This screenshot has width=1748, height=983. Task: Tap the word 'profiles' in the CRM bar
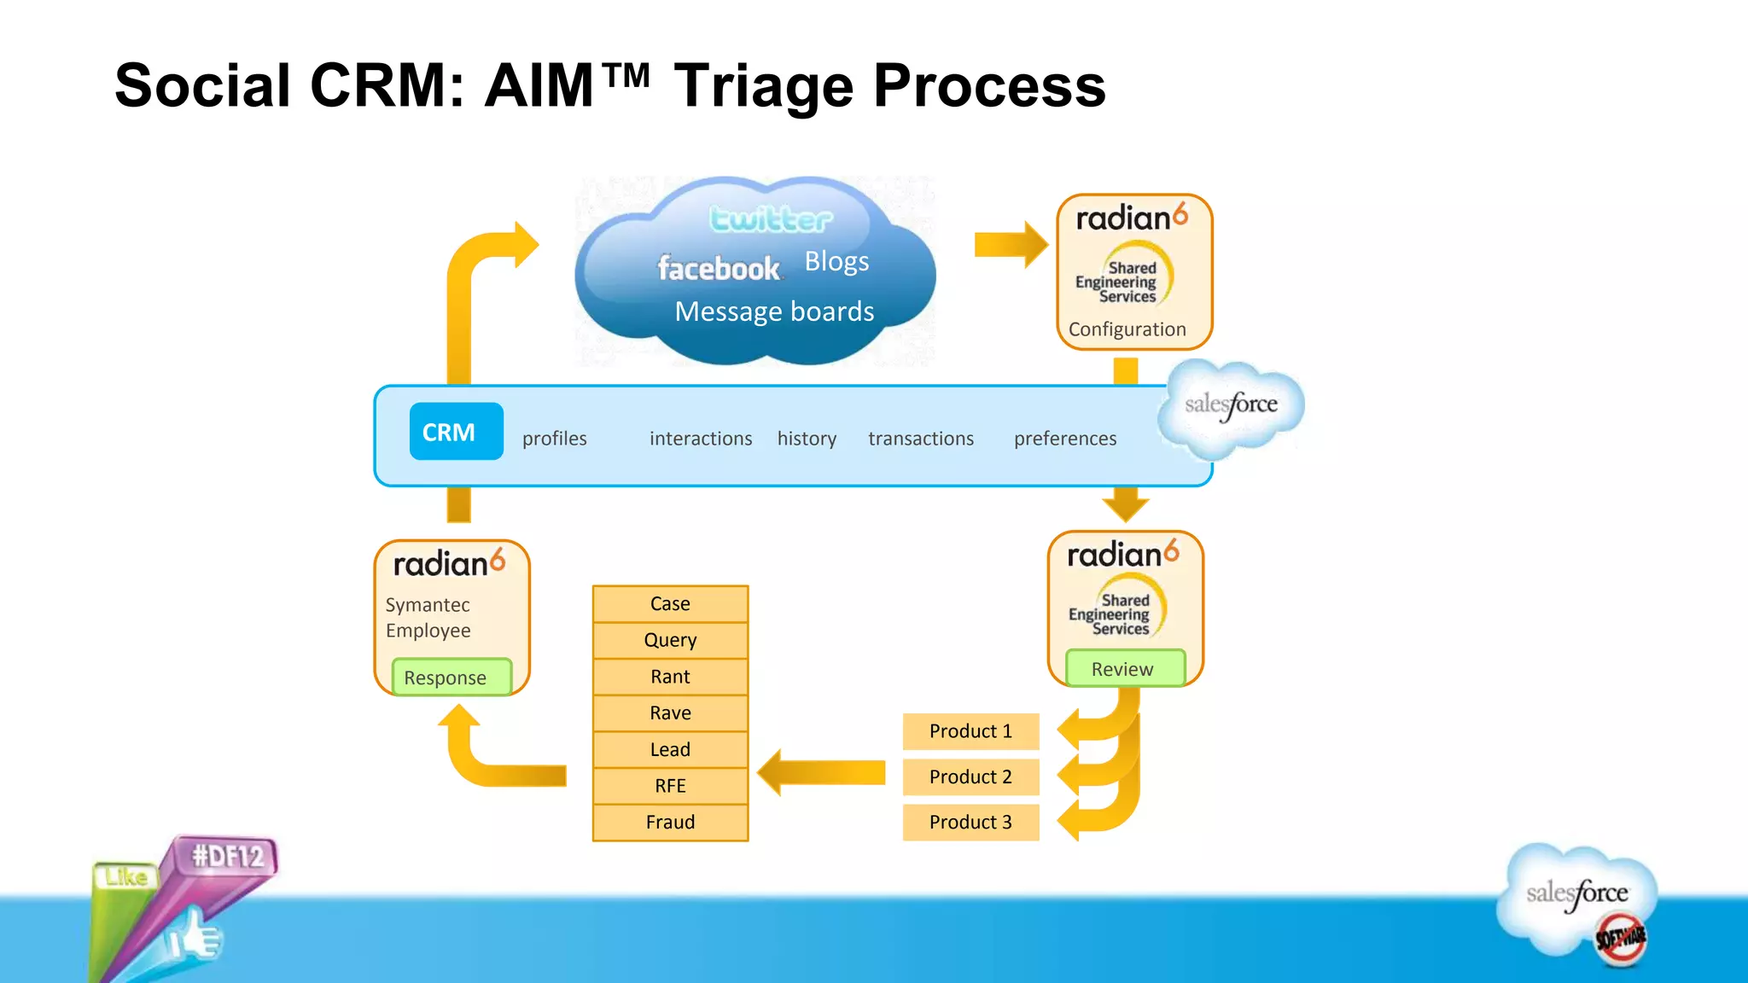pos(554,439)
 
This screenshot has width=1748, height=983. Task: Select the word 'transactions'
pos(920,439)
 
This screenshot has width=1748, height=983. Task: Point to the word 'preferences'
pos(1064,439)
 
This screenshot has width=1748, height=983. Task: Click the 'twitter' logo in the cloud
pos(771,219)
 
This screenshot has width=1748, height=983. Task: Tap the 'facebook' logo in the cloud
pos(718,269)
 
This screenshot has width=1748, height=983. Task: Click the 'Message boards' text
pos(774,311)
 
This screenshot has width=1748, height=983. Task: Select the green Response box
pos(451,678)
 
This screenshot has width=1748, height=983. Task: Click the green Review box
pos(1124,669)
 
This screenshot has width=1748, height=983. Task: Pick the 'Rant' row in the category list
pos(670,677)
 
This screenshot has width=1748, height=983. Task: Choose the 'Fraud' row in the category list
pos(670,823)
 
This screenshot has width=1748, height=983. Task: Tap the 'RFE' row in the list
pos(670,786)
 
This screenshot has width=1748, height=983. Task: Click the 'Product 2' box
pos(970,777)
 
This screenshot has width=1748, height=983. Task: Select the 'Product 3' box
pos(970,823)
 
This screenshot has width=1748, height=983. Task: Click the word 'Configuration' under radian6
pos(1127,329)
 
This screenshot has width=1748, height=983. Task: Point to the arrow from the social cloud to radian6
pos(1011,245)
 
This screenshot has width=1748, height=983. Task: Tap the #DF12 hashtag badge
pos(228,856)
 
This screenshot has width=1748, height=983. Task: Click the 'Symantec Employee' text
pos(428,618)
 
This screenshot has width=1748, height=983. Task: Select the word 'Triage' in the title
pos(763,86)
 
